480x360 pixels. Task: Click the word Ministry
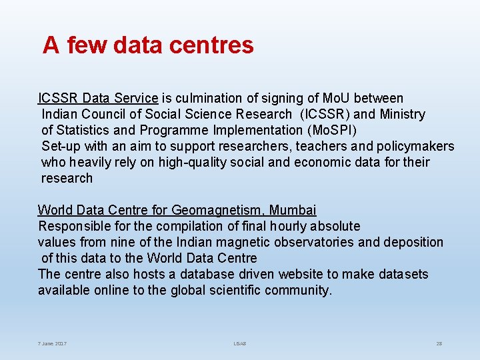[x=402, y=115]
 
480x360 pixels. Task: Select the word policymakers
[x=414, y=147]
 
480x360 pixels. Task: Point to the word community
[x=297, y=291]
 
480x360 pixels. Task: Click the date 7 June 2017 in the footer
[x=52, y=343]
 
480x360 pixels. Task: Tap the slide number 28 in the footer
[x=439, y=343]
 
